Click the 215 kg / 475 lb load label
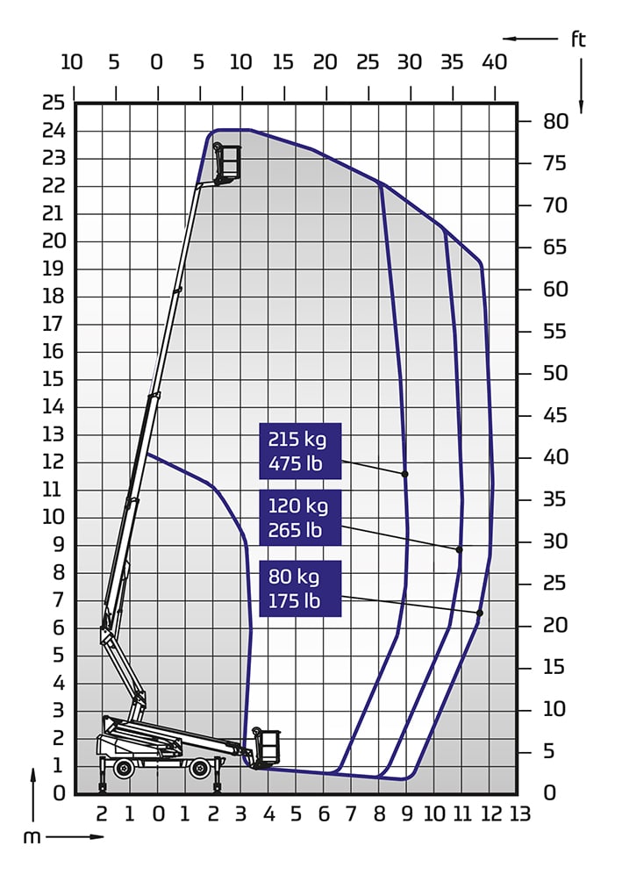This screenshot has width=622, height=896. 300,451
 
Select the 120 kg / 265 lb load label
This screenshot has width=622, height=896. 300,518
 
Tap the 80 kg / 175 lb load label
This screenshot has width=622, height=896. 300,589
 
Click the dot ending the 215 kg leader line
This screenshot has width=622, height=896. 405,474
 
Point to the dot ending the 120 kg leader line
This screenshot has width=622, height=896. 459,549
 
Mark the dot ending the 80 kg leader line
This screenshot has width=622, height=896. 480,613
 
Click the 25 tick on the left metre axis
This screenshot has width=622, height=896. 54,103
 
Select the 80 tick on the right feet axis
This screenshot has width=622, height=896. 555,121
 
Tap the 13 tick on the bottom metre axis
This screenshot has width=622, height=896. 519,814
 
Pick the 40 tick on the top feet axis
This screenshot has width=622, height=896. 494,61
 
